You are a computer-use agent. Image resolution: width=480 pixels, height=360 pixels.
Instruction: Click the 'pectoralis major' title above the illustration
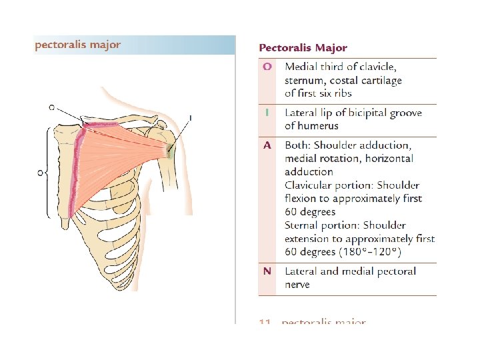click(78, 45)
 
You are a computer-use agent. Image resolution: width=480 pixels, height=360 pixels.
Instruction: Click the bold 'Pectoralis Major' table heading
click(303, 48)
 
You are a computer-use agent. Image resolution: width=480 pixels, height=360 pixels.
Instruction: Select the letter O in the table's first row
click(267, 67)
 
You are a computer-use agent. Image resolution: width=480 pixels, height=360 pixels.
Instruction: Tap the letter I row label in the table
click(267, 113)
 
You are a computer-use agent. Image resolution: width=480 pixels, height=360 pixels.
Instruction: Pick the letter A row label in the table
click(267, 145)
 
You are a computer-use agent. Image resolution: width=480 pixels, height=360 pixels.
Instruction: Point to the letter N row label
click(267, 271)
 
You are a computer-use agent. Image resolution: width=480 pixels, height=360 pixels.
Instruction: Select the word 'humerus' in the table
click(318, 126)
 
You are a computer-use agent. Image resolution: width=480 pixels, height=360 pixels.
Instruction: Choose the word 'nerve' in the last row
click(297, 285)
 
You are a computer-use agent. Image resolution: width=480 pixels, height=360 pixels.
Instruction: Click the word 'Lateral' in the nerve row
click(303, 271)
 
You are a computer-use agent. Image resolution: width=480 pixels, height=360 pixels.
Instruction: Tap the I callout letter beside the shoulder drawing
click(191, 118)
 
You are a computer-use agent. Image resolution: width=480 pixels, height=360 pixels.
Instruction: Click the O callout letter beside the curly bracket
click(40, 172)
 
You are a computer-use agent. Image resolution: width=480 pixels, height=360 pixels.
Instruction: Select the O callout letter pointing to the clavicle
click(52, 107)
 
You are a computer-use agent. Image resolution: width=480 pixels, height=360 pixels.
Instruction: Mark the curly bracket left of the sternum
click(47, 172)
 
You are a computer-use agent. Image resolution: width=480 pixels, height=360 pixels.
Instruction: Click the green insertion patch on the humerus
click(171, 152)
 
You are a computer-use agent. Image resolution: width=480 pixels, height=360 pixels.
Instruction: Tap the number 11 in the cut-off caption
click(265, 323)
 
